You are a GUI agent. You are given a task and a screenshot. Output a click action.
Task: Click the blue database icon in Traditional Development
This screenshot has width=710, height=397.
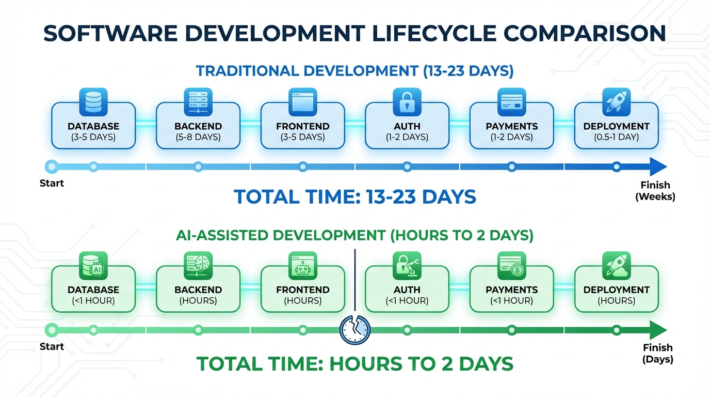(x=93, y=101)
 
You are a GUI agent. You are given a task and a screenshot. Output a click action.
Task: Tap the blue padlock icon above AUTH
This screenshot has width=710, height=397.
(x=407, y=101)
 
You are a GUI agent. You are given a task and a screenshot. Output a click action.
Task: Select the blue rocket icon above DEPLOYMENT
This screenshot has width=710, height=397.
(x=616, y=101)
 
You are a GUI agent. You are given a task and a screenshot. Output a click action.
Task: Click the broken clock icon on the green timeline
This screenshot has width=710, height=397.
(x=356, y=330)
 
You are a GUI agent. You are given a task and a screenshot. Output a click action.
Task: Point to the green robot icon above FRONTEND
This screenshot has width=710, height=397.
(x=302, y=265)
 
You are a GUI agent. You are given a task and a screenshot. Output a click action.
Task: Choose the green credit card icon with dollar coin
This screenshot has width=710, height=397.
(x=512, y=265)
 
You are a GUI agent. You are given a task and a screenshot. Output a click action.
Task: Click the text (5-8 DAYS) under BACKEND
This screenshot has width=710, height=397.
(x=198, y=137)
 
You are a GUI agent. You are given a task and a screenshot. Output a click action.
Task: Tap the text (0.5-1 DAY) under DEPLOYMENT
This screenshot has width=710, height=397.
(x=616, y=137)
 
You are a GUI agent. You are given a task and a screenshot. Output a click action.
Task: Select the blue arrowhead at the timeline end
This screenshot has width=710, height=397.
(x=657, y=166)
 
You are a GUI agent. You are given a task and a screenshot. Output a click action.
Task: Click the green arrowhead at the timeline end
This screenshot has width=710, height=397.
(x=657, y=330)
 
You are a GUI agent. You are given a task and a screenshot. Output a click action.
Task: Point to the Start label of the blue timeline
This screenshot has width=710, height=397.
(x=52, y=183)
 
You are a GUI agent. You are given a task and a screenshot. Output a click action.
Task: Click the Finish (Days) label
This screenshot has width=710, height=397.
(x=657, y=354)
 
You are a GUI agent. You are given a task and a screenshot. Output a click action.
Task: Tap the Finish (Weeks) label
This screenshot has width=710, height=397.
(x=655, y=191)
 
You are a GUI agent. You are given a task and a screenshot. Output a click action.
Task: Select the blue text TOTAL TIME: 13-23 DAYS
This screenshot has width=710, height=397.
(x=355, y=197)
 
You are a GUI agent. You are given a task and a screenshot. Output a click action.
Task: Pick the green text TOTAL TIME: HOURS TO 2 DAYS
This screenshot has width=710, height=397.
(x=355, y=363)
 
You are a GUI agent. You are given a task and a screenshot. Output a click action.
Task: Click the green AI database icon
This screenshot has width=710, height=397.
(x=93, y=265)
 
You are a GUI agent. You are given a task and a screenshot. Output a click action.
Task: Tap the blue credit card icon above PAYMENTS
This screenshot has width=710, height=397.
(x=512, y=101)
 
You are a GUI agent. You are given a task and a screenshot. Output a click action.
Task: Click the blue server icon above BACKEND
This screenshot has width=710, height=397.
(x=198, y=101)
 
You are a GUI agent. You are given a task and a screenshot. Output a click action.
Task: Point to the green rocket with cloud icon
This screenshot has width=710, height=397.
(x=616, y=265)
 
